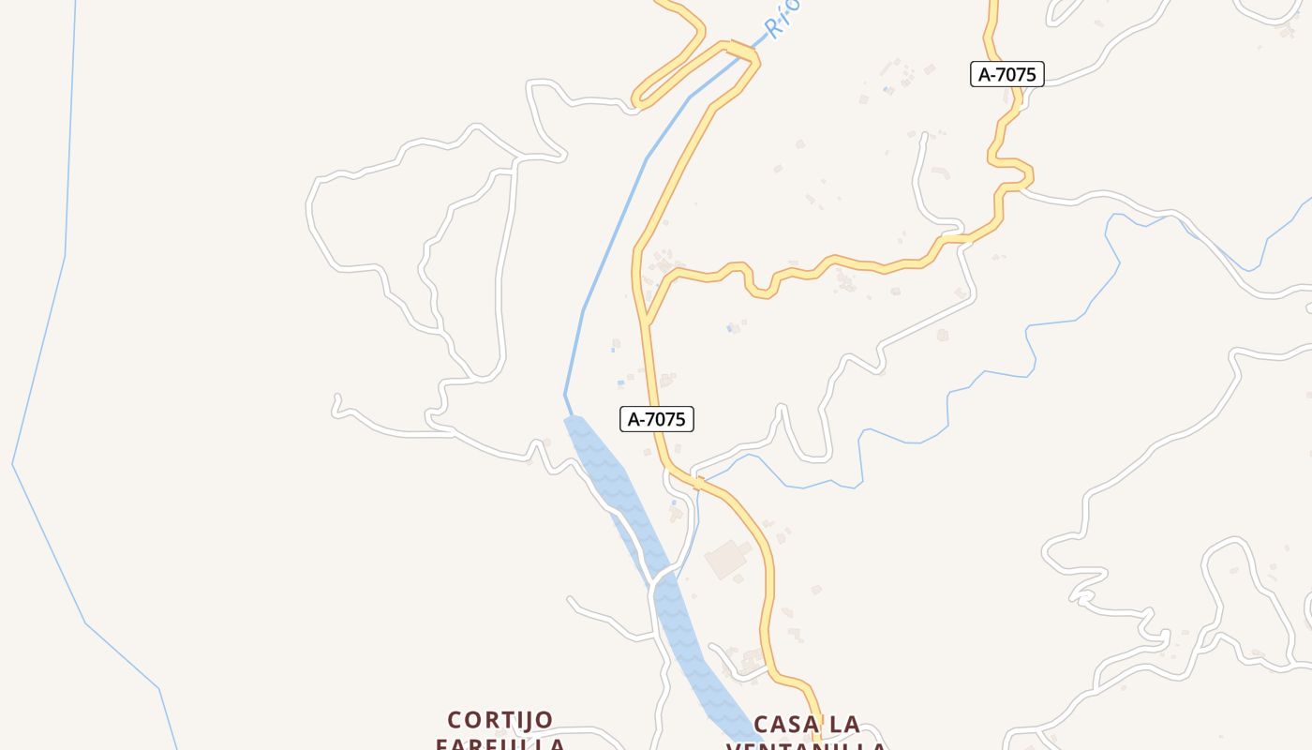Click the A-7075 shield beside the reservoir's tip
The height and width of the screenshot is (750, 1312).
[656, 419]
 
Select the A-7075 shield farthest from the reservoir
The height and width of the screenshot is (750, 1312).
[1006, 74]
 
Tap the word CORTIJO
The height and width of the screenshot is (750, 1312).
[500, 720]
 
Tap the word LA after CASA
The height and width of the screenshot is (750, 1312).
[844, 725]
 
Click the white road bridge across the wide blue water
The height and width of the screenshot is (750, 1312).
[663, 570]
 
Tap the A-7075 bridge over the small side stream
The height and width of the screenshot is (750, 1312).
[697, 483]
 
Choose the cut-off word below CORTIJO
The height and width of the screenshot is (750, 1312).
[500, 744]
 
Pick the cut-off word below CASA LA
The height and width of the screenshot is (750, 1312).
[806, 746]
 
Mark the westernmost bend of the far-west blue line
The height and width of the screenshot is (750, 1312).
[13, 463]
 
